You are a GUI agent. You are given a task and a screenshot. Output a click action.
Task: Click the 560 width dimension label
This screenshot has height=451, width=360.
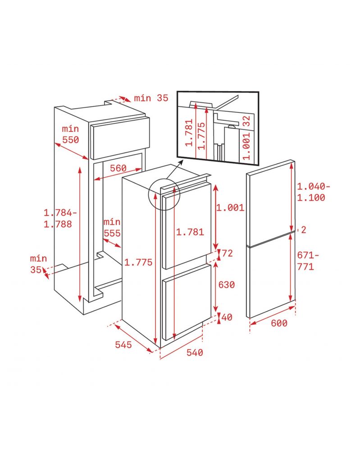point(118,168)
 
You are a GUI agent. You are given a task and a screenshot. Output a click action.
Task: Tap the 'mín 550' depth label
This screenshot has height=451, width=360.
point(70,134)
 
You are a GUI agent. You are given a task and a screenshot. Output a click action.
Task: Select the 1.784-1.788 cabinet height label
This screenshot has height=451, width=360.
point(60,218)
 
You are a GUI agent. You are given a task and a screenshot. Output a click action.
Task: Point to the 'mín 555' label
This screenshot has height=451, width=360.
point(112,227)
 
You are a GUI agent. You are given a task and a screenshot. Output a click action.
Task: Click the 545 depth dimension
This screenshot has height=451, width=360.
point(123,345)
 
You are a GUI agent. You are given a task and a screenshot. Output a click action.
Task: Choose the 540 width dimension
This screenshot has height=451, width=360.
point(195,352)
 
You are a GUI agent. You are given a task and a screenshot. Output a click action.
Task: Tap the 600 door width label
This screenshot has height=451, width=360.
point(279,323)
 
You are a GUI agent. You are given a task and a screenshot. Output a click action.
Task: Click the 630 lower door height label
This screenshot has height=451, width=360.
point(226,285)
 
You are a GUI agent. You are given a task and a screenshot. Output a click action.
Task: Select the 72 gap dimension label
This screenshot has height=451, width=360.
point(227,253)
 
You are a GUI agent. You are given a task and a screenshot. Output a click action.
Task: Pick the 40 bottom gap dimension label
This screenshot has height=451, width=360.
point(227,317)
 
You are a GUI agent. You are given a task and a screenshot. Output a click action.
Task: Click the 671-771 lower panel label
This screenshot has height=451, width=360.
point(308,261)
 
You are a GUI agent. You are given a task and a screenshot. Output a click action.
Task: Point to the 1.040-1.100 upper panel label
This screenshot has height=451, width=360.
point(314,192)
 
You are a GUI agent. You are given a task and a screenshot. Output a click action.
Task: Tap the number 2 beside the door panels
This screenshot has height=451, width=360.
point(304,230)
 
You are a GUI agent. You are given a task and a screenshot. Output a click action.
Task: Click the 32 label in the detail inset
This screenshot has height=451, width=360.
point(246,121)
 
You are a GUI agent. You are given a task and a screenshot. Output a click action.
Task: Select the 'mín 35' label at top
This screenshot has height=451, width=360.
point(151,98)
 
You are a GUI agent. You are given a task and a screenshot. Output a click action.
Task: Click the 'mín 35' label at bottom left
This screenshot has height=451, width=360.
point(38,264)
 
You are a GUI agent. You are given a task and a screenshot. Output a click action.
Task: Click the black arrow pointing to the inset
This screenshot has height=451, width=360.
point(174,170)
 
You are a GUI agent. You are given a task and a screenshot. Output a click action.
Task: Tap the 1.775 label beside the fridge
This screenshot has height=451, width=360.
point(138,262)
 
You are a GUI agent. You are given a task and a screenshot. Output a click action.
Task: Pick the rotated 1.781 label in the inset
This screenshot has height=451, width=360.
point(189,133)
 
